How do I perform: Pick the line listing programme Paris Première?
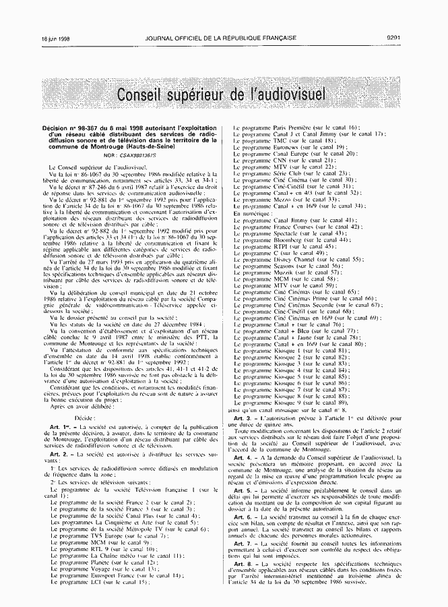click(296, 127)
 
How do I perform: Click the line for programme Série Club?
click(294, 173)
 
